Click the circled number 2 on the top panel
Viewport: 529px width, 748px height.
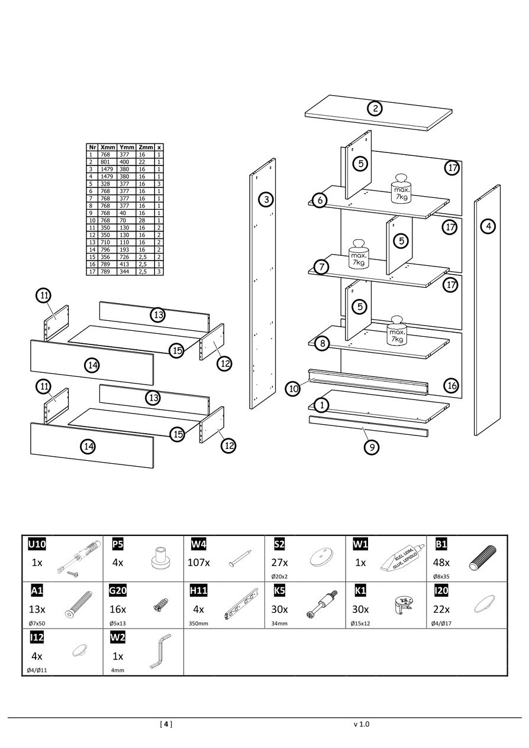tap(375, 109)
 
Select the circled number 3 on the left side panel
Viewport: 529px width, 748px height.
tap(267, 200)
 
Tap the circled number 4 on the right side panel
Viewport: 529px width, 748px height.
tap(488, 226)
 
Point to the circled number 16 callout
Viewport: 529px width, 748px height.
tap(451, 386)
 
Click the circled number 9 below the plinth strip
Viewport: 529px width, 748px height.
tap(371, 447)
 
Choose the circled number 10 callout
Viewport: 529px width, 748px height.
tap(293, 388)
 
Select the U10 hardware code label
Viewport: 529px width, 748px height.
tap(37, 544)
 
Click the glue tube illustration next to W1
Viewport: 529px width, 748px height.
tap(402, 558)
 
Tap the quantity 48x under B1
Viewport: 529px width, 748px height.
tap(442, 562)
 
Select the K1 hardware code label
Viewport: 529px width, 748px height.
tap(360, 591)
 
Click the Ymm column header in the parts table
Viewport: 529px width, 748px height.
tap(127, 147)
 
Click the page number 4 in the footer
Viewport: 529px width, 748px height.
tap(166, 724)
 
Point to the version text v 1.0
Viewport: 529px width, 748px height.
tap(361, 724)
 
